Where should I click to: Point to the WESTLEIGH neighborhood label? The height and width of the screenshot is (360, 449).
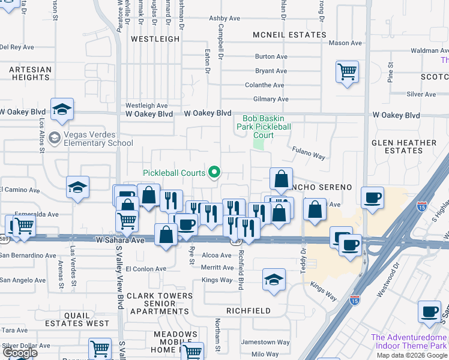pos(155,38)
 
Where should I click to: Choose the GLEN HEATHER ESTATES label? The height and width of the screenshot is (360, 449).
pos(404,146)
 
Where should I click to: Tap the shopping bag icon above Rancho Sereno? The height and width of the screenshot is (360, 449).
pos(281,179)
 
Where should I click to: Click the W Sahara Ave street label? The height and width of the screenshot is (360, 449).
pos(120,240)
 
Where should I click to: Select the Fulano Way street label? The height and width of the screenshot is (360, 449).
pos(309,153)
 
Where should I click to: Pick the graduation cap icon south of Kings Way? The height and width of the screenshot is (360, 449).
pos(274,280)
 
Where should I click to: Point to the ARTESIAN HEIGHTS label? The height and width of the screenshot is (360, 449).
pos(30,73)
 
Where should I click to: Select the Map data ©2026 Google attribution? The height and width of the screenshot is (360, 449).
pos(412,355)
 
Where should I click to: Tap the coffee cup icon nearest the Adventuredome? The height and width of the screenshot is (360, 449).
pos(429,312)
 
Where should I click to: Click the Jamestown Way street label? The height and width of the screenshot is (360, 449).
pos(265,342)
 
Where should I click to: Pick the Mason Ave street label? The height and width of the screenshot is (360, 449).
pos(345,43)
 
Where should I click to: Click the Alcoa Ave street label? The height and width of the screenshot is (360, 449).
pos(217,255)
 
